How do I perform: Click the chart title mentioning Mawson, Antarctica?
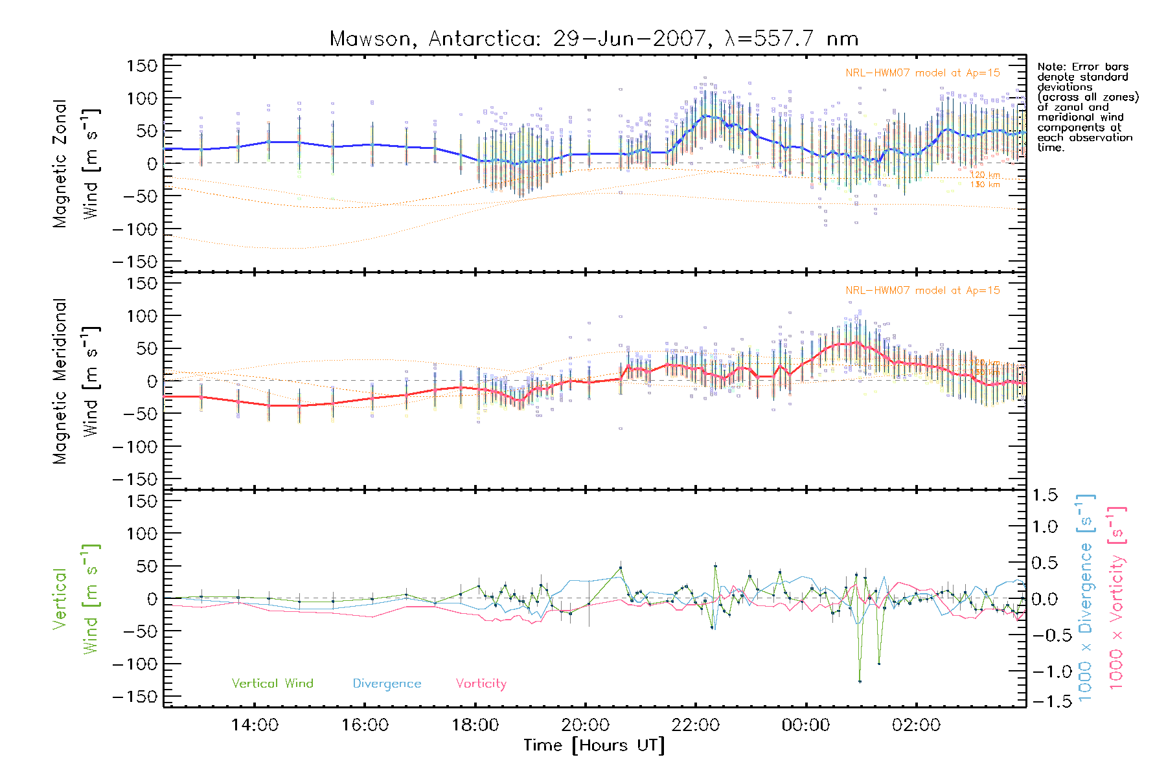tap(593, 39)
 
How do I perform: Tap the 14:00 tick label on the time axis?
tap(255, 725)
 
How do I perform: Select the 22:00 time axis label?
tap(695, 725)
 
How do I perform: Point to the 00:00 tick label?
tap(805, 725)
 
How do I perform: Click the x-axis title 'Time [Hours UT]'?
tap(594, 745)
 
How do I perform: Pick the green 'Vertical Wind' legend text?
tap(272, 683)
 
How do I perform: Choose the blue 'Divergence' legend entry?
tap(387, 683)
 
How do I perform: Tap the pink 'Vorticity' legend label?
tap(481, 683)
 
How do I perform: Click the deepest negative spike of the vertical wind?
tap(860, 681)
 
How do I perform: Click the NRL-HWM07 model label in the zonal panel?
tap(922, 73)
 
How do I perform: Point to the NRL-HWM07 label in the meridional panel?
tap(922, 291)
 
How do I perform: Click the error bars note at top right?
tap(1087, 107)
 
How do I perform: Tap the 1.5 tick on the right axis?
tap(1044, 495)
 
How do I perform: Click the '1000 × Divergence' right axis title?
tap(1086, 598)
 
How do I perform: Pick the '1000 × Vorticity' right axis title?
tap(1117, 598)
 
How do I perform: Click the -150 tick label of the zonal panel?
tap(135, 262)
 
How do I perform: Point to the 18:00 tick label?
tap(475, 725)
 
